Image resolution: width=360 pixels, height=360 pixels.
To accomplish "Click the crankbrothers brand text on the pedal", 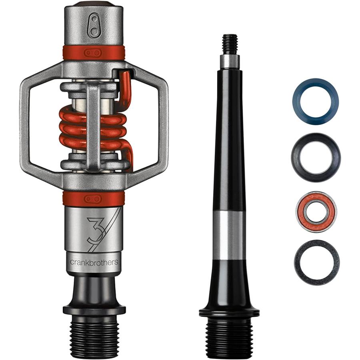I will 94,263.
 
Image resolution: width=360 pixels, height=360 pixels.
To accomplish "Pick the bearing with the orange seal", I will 316,212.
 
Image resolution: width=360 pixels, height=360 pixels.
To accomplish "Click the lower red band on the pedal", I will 94,198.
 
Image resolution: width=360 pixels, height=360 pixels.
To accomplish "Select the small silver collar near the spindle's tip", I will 230,61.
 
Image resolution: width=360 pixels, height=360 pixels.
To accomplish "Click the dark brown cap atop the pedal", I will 94,4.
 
